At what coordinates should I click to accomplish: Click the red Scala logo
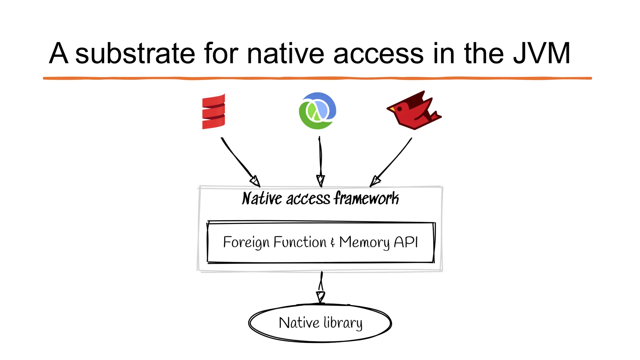pos(213,111)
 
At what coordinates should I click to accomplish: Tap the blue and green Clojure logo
pos(317,111)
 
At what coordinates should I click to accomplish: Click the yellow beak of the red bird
pos(392,109)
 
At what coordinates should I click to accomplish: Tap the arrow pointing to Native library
pos(321,287)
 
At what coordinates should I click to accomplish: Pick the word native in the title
pos(285,53)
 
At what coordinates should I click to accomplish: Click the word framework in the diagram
pos(366,198)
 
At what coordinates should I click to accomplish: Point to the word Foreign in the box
pos(246,242)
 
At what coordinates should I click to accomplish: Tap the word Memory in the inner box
pos(364,242)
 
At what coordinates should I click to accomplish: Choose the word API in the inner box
pos(406,242)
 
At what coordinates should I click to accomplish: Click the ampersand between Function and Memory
pos(333,242)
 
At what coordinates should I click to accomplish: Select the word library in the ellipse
pos(343,323)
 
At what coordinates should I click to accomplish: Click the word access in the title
pos(378,53)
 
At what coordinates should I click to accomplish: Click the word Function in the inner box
pos(300,242)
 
